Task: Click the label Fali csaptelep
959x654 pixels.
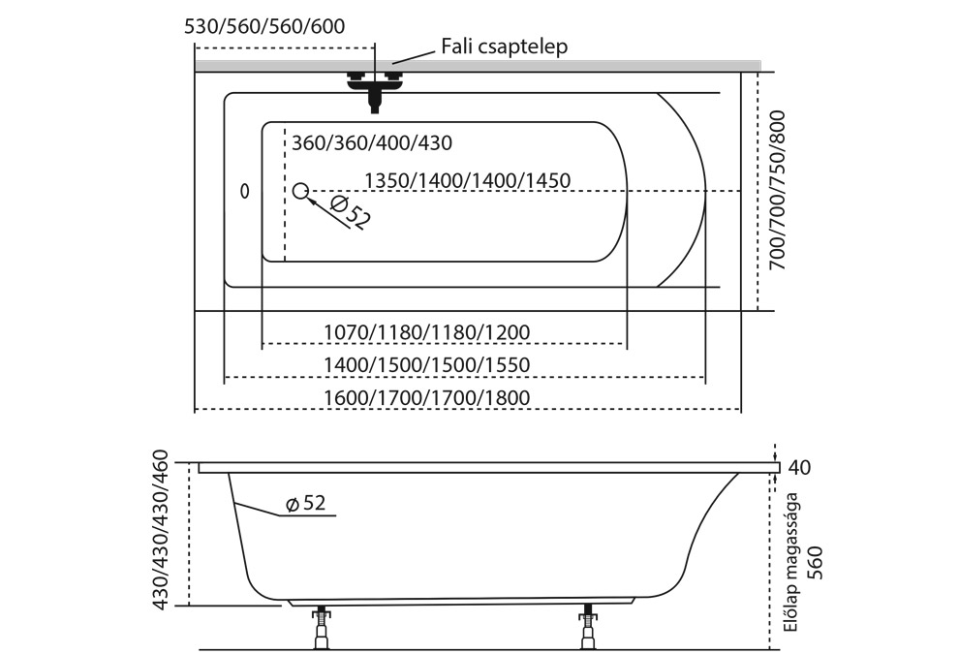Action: [x=503, y=46]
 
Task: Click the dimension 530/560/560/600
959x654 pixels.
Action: [x=263, y=27]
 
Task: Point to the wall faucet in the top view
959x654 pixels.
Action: [x=374, y=86]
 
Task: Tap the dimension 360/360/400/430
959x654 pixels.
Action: [x=372, y=143]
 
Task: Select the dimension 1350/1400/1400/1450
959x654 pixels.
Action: [x=466, y=180]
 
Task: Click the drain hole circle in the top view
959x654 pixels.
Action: [x=300, y=191]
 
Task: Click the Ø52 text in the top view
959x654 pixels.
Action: [x=349, y=212]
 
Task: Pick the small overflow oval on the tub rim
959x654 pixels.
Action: [x=244, y=192]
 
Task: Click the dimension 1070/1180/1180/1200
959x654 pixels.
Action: [x=427, y=332]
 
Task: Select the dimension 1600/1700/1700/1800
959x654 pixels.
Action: [x=427, y=398]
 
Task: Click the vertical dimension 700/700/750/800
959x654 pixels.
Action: [x=777, y=190]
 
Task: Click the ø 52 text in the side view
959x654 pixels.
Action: [x=305, y=503]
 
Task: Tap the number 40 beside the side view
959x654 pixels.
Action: [x=799, y=468]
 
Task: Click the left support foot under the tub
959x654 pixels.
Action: [x=321, y=629]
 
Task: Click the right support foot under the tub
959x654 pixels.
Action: [x=587, y=629]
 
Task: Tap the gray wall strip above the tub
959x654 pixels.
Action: [x=581, y=65]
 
